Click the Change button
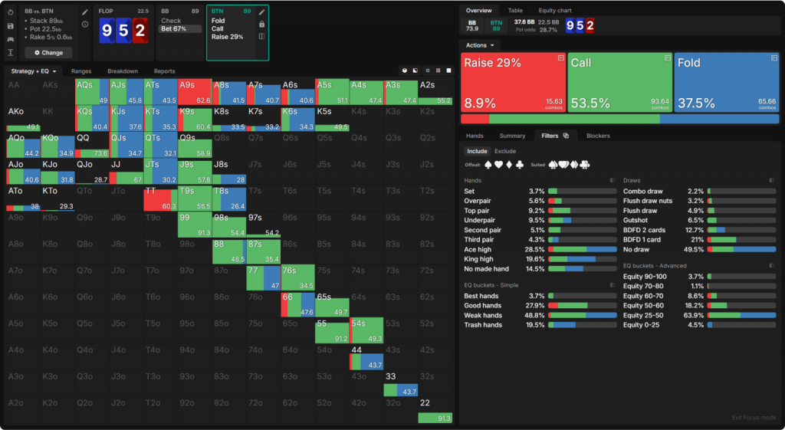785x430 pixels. pos(48,53)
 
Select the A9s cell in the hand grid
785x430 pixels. pos(195,91)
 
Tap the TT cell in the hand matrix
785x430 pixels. pos(160,198)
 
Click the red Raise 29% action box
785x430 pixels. pos(512,83)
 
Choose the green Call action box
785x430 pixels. pos(619,83)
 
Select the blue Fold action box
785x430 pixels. pos(726,83)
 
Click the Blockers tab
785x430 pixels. pos(598,136)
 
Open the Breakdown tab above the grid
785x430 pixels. pos(122,71)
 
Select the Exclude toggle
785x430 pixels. pos(505,151)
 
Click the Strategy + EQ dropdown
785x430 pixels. pos(34,71)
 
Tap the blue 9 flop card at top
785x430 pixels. pos(107,31)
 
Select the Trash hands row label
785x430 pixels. pos(483,325)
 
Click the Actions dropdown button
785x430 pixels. pos(479,45)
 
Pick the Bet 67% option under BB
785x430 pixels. pos(173,29)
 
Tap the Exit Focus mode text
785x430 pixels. pos(754,418)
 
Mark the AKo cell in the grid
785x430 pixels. pos(23,118)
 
